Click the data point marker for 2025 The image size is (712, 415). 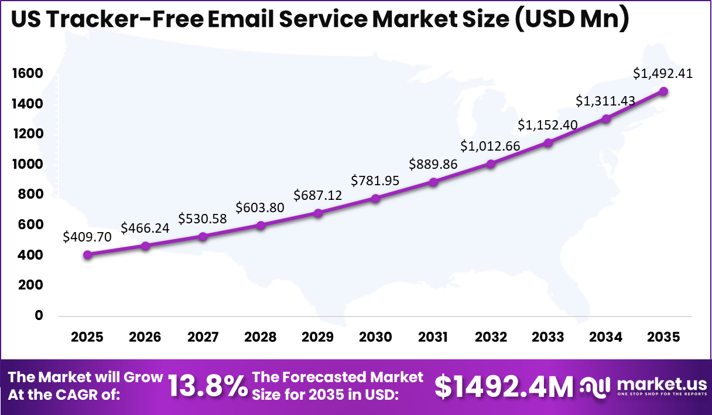88,254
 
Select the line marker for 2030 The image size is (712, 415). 375,199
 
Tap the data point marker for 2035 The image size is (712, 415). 663,91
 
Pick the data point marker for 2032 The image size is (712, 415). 491,164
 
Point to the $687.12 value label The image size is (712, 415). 318,195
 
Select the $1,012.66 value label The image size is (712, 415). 490,146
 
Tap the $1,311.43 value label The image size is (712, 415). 605,101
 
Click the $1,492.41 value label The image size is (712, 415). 663,73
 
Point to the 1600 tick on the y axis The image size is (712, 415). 27,73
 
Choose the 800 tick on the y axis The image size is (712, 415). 30,195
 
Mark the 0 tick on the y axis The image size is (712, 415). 39,315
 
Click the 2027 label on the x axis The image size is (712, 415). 203,337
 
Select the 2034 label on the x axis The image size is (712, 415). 605,337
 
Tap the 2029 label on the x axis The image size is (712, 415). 318,337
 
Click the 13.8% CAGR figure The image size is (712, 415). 208,386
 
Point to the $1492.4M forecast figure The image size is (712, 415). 504,386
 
